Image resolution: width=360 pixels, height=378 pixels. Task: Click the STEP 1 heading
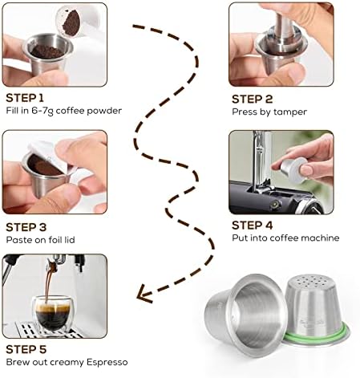25,98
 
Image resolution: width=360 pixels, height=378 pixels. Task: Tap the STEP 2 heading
252,100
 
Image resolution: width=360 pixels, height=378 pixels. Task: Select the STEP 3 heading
26,227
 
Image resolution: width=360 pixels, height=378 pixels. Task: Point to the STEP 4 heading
252,226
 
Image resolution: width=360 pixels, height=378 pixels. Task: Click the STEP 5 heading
26,349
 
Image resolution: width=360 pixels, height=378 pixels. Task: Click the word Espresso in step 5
107,362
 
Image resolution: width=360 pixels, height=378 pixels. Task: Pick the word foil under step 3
54,240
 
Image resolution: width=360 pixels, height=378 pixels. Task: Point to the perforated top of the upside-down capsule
311,282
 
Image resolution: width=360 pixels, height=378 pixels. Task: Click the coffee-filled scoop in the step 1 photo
71,22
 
